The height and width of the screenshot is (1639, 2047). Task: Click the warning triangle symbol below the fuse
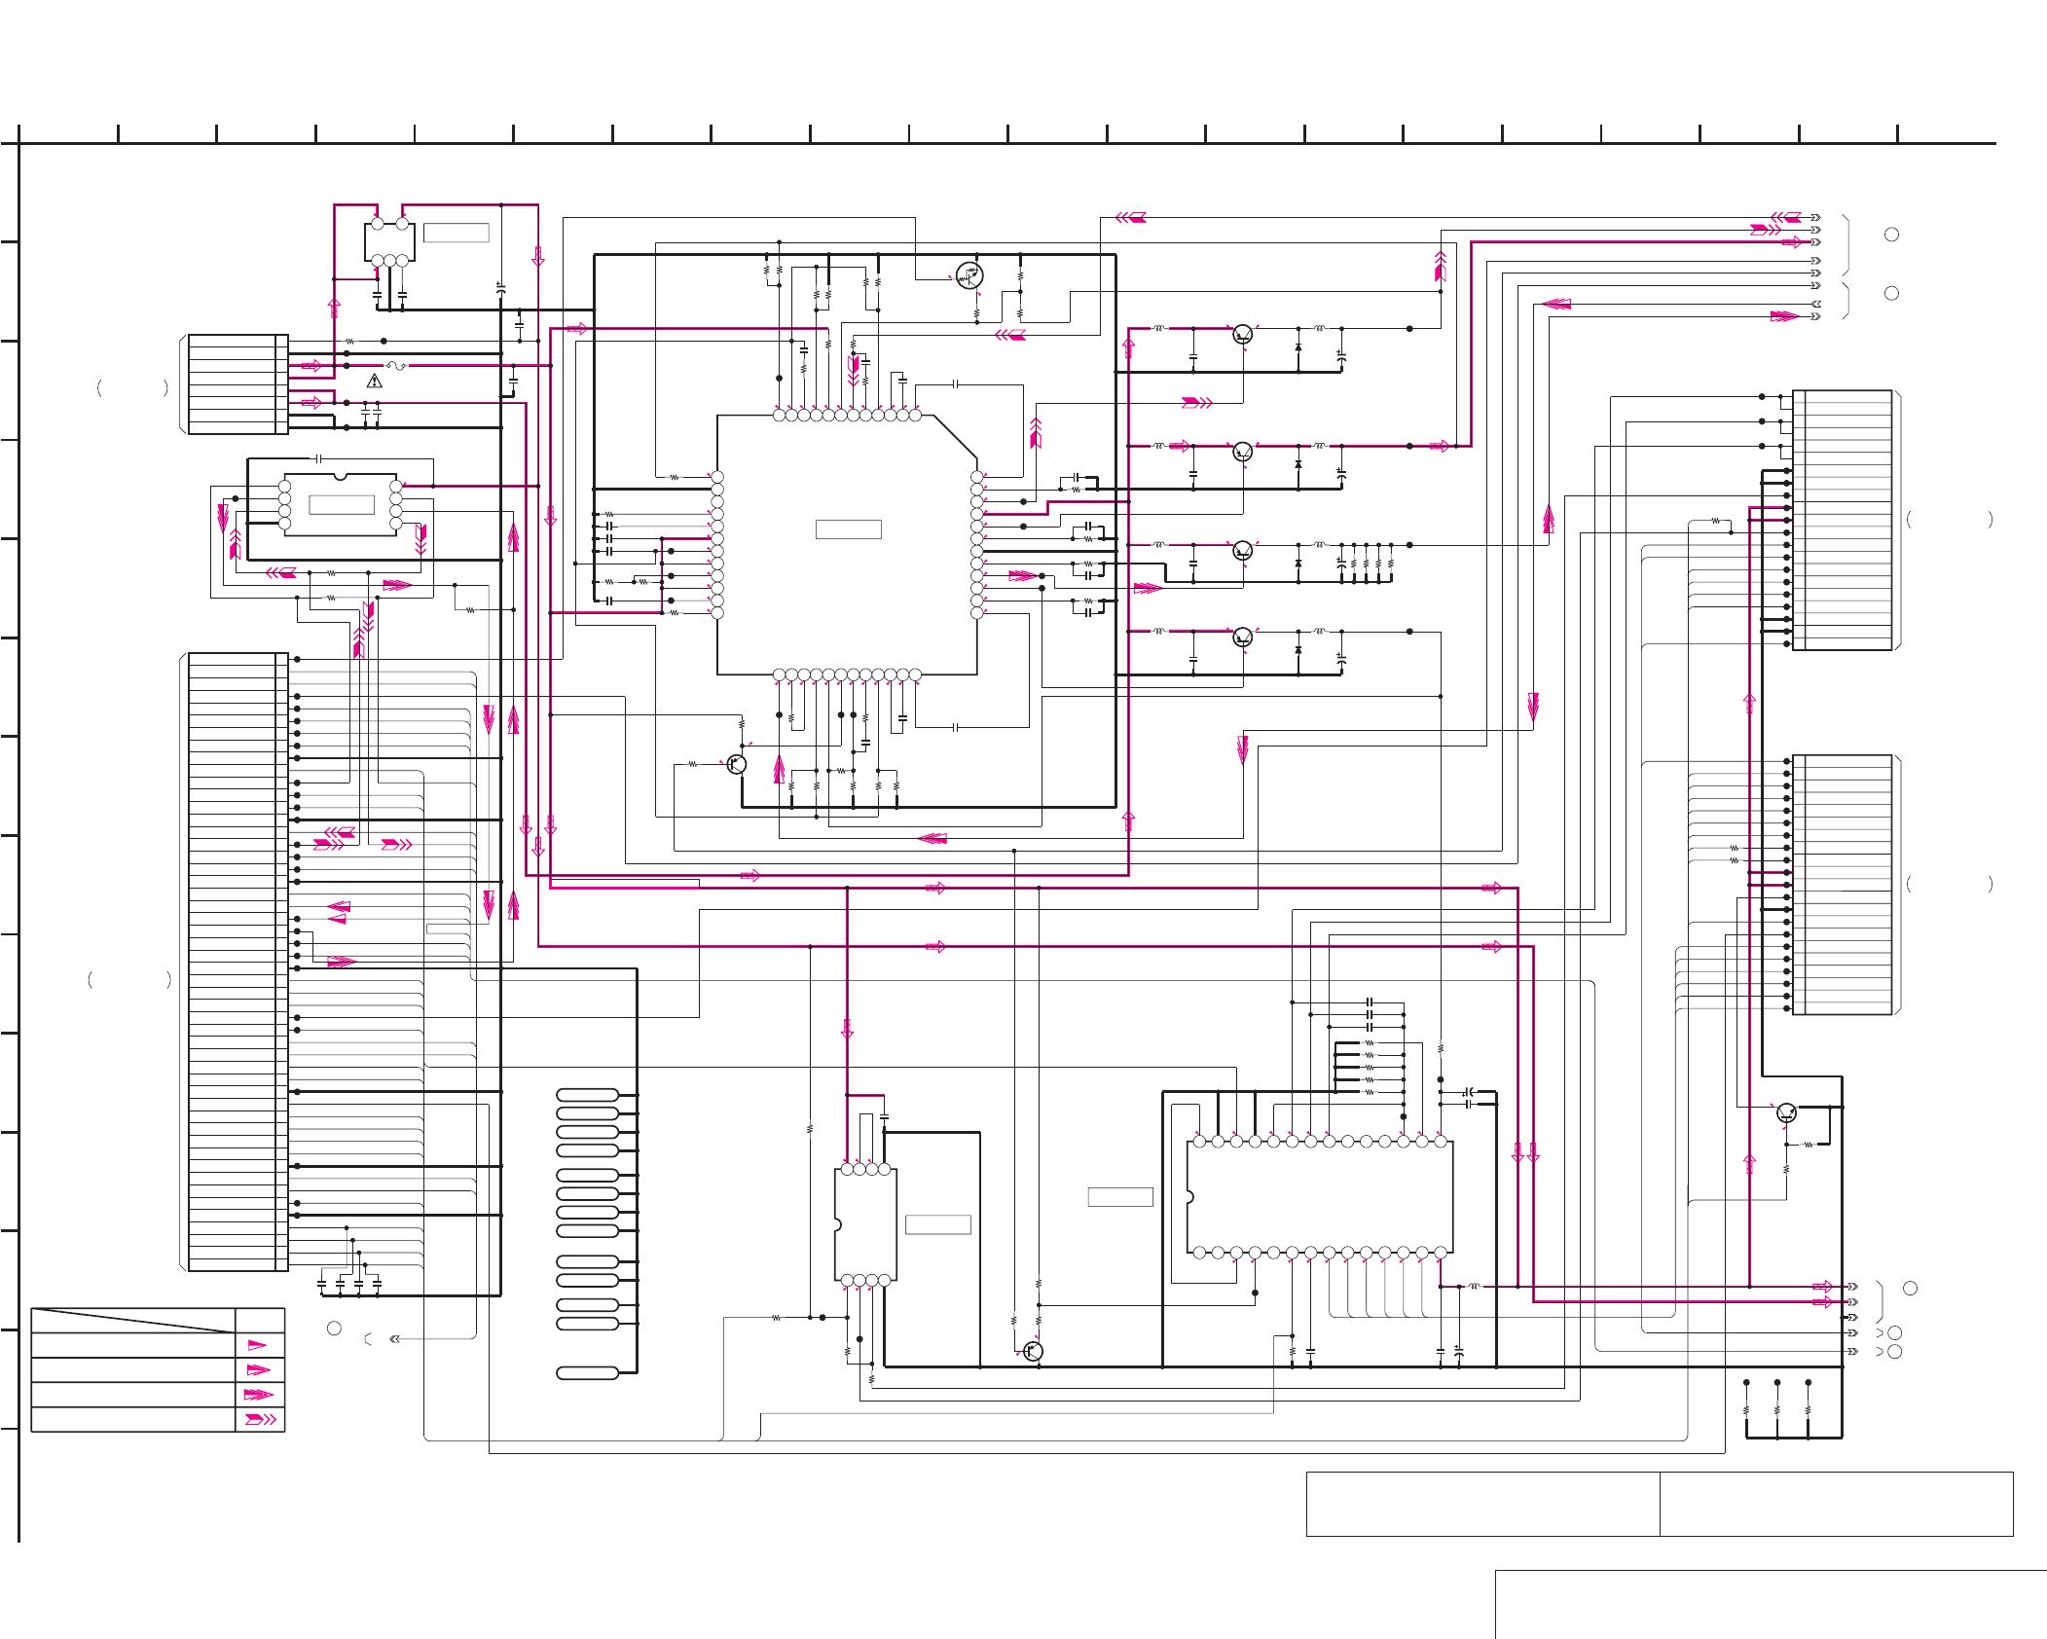point(375,382)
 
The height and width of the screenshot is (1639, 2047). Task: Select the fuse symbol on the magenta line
point(395,366)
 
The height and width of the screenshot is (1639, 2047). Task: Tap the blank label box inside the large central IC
point(848,529)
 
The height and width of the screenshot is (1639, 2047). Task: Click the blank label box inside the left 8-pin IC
point(341,504)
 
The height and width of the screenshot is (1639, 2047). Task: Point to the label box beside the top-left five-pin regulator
point(456,233)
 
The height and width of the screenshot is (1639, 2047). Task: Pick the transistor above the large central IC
point(969,275)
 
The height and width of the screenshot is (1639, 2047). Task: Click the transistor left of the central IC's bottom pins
point(737,764)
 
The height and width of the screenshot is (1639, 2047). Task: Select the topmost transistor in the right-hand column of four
point(1242,335)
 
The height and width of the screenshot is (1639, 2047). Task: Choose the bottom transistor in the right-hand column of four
point(1242,637)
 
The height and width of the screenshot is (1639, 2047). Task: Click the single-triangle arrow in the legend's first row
point(257,1345)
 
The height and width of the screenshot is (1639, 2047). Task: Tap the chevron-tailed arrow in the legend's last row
point(260,1419)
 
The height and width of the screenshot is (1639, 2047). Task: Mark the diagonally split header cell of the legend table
point(132,1320)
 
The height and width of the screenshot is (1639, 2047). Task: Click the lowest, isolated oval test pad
point(587,1373)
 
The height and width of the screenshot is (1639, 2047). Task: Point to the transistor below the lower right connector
point(1786,1112)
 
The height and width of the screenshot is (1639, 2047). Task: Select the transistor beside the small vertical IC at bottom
point(1033,1351)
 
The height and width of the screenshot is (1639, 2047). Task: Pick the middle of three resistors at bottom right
point(1777,1409)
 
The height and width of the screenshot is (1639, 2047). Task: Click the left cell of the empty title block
point(1481,1504)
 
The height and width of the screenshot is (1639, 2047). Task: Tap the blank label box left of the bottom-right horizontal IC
point(1119,1197)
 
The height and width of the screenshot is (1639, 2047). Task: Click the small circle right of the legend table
point(334,1329)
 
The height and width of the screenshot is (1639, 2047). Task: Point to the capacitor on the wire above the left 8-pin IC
point(317,457)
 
